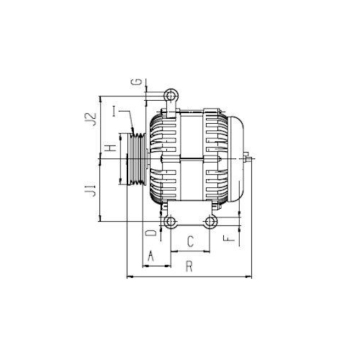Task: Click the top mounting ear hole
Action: click(171, 95)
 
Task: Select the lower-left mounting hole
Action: click(170, 221)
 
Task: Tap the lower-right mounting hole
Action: click(211, 221)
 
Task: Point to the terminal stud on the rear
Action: click(248, 156)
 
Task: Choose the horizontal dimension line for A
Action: click(156, 266)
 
